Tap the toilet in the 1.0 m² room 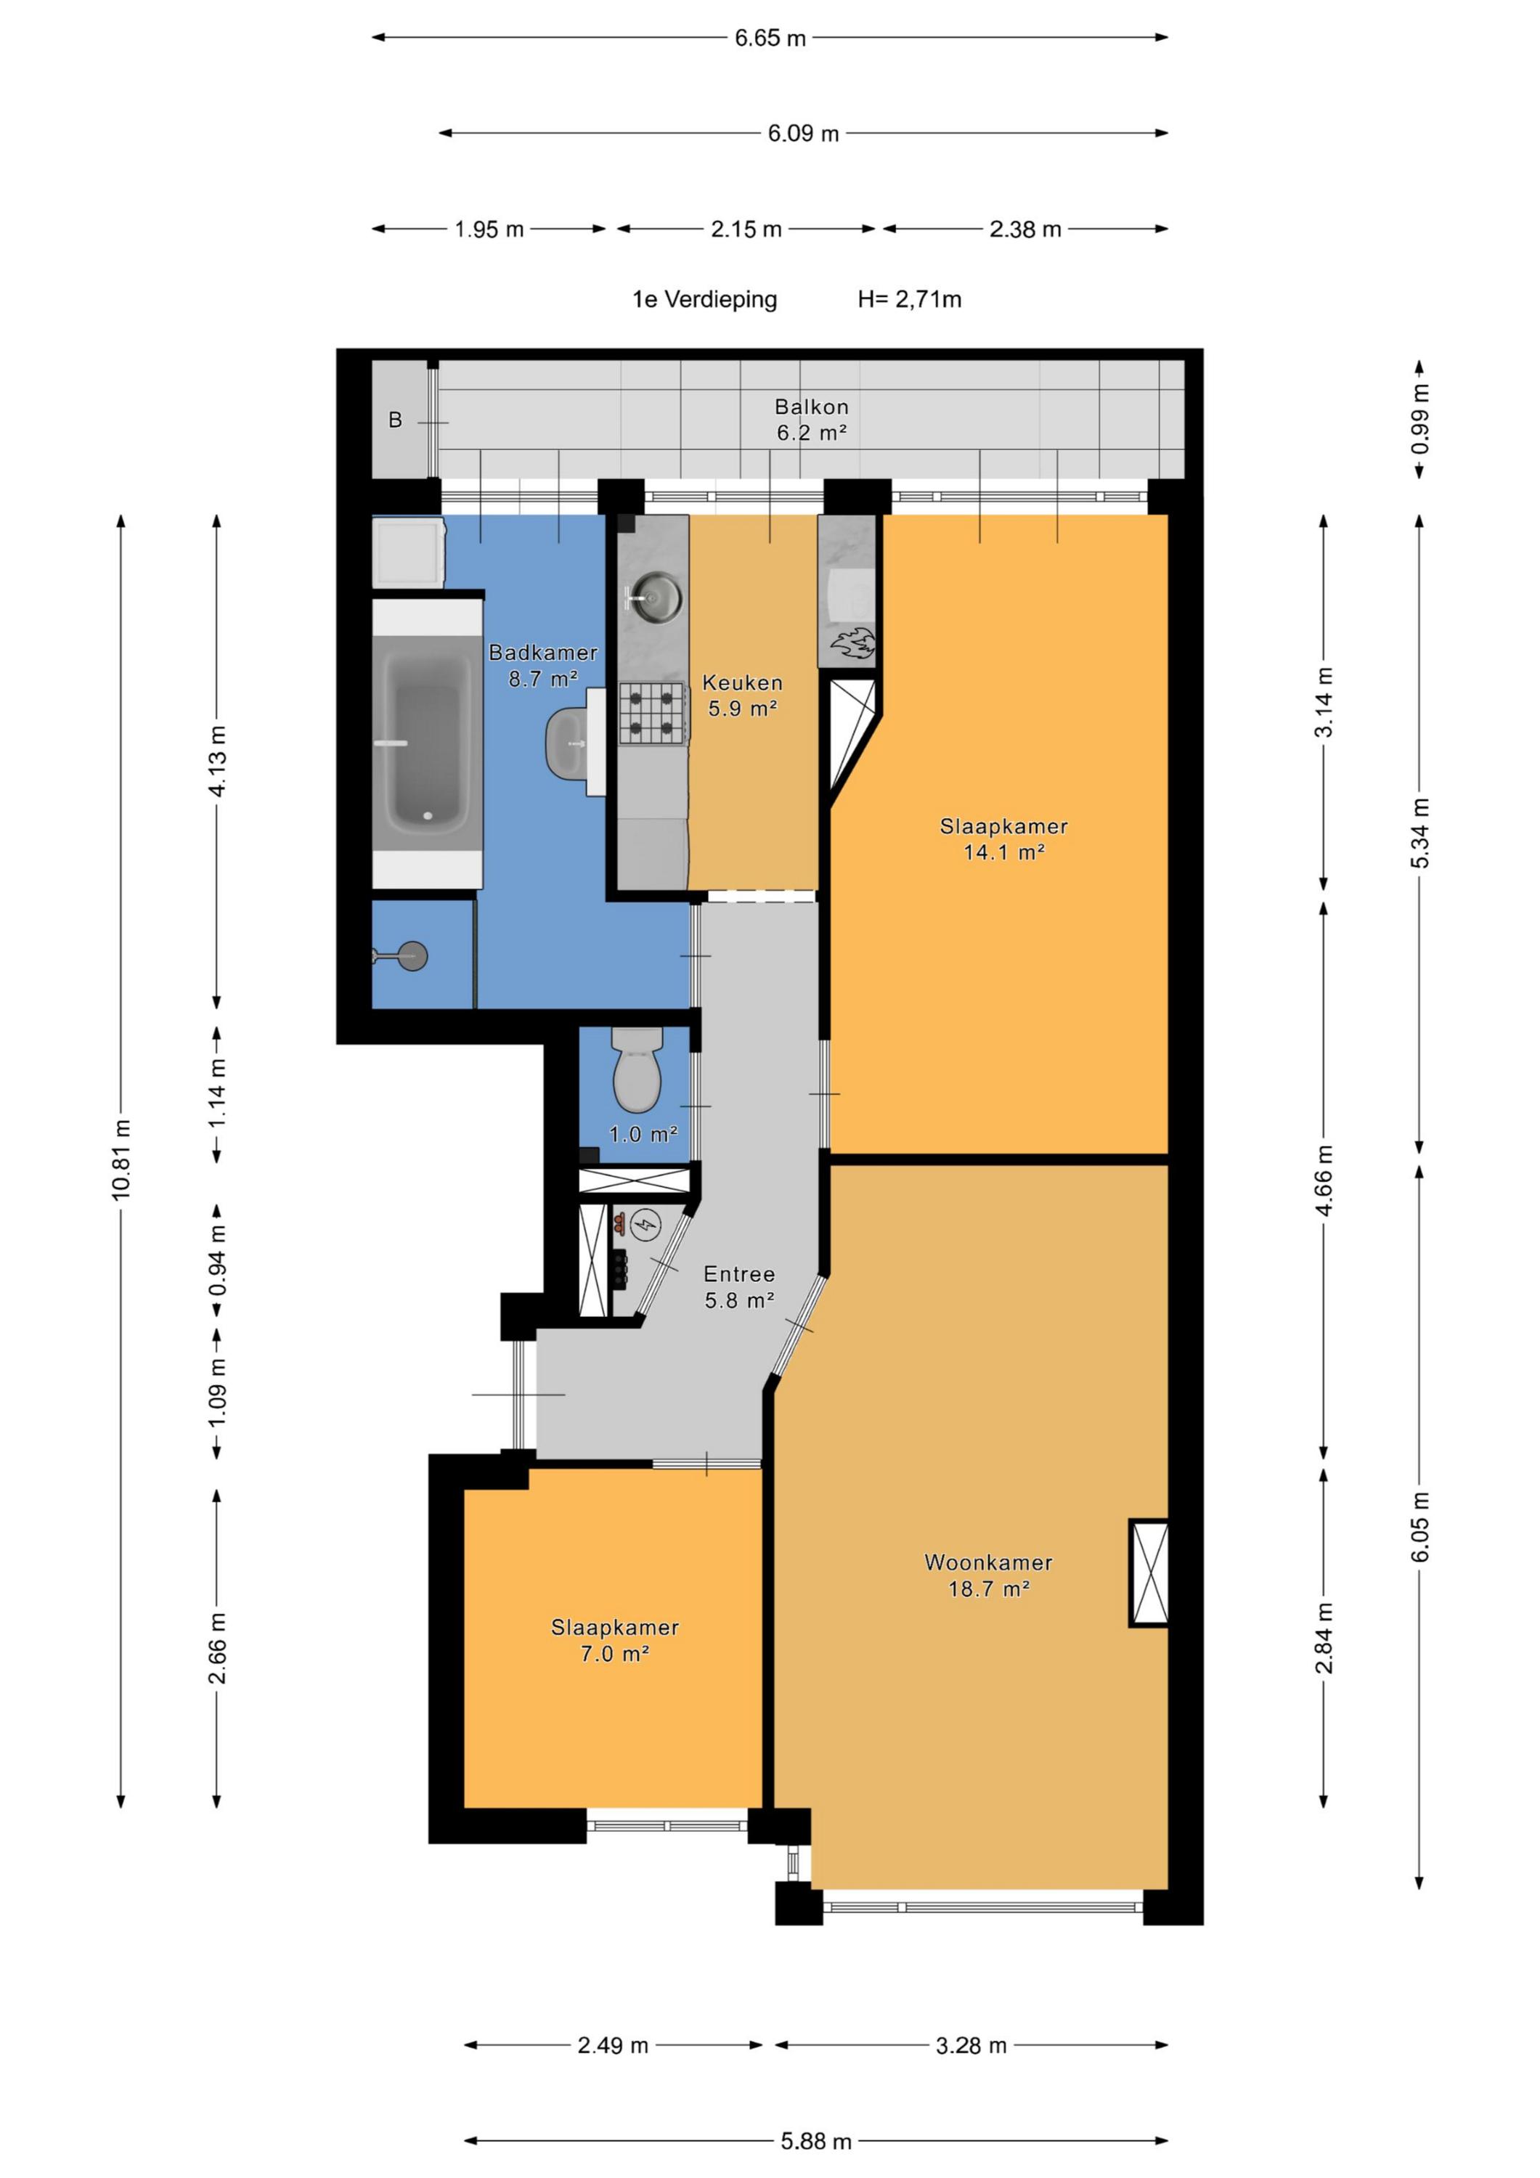click(x=637, y=1069)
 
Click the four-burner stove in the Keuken click(x=653, y=714)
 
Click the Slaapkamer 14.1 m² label click(x=1004, y=839)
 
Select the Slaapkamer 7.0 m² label click(x=615, y=1640)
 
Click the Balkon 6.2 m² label click(x=811, y=420)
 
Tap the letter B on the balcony click(x=396, y=420)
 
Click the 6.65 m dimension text click(x=770, y=38)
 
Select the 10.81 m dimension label click(x=121, y=1159)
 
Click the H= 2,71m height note click(x=909, y=300)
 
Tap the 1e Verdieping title click(x=704, y=300)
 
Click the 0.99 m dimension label click(x=1419, y=418)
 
